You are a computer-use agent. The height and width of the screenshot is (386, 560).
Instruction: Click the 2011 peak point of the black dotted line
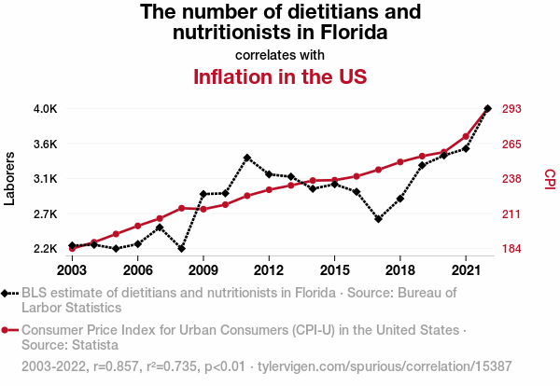pyautogui.click(x=247, y=158)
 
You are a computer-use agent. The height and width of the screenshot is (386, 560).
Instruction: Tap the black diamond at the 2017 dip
pyautogui.click(x=378, y=219)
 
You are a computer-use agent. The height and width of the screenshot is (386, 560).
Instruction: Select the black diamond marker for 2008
pyautogui.click(x=181, y=248)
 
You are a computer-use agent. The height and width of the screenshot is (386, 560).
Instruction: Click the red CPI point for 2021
pyautogui.click(x=466, y=136)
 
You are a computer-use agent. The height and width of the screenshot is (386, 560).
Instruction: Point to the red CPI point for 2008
pyautogui.click(x=181, y=208)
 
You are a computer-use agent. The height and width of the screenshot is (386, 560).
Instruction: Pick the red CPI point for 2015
pyautogui.click(x=334, y=180)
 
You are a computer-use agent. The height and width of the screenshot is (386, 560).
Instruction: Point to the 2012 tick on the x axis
pyautogui.click(x=269, y=269)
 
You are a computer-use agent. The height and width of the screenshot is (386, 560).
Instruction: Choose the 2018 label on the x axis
pyautogui.click(x=399, y=269)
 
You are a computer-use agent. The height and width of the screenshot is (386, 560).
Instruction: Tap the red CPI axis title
pyautogui.click(x=550, y=178)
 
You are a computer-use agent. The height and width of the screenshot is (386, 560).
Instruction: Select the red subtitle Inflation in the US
pyautogui.click(x=280, y=76)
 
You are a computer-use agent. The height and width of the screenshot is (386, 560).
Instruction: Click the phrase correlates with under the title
pyautogui.click(x=280, y=55)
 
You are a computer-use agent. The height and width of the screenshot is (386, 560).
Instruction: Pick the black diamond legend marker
pyautogui.click(x=6, y=293)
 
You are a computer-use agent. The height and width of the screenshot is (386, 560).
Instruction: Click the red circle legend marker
pyautogui.click(x=6, y=330)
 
